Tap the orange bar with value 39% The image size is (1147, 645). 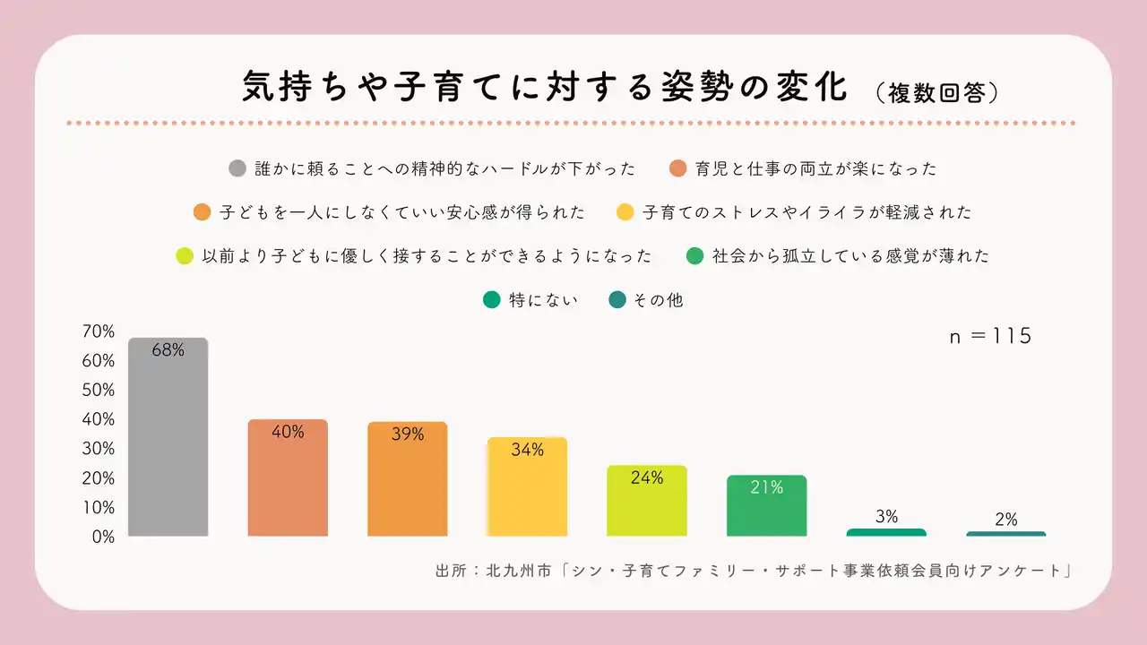[408, 479]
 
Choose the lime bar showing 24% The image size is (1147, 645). [647, 501]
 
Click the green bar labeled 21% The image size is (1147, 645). [766, 506]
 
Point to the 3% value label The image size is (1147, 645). [885, 517]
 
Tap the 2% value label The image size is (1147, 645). [1005, 520]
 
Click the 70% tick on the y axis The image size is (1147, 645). [99, 331]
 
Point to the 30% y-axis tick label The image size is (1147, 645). [99, 449]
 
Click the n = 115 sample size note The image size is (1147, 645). [991, 337]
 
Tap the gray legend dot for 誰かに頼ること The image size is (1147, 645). [237, 168]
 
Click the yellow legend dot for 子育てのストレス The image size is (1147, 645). [625, 212]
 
